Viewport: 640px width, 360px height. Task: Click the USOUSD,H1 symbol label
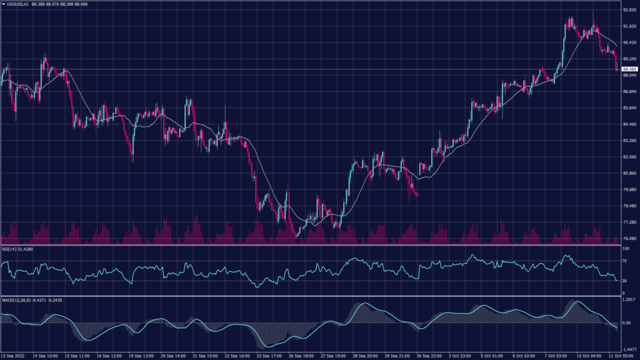[x=18, y=4]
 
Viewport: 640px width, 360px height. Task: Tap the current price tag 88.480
[x=629, y=69]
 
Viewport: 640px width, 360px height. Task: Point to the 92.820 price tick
[x=629, y=11]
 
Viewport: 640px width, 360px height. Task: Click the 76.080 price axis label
[x=629, y=238]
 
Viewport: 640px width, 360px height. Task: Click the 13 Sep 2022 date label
[x=13, y=356]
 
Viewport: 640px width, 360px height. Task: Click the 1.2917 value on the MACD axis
[x=628, y=300]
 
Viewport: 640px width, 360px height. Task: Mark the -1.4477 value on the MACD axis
[x=628, y=350]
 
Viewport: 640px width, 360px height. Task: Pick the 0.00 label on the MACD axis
[x=626, y=322]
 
